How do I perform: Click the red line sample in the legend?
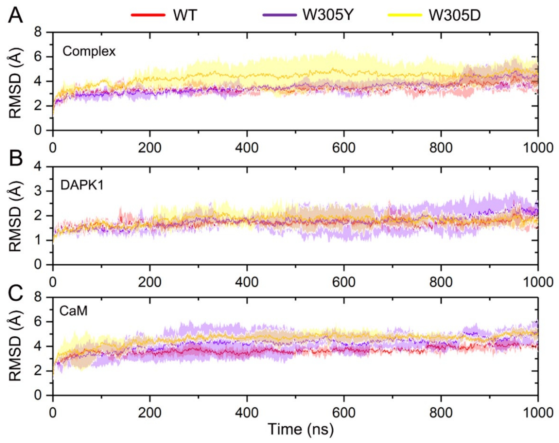point(148,15)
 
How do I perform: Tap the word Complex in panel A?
point(89,52)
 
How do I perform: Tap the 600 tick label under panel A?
point(344,148)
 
